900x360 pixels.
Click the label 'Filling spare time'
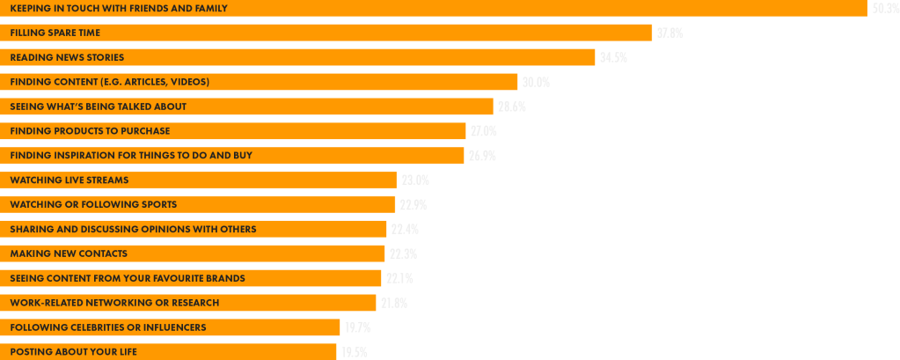pos(55,33)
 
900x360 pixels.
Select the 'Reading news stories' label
pos(67,57)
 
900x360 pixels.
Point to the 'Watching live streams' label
pos(70,180)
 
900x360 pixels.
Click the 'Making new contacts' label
pos(69,253)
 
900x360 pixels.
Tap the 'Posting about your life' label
pos(73,352)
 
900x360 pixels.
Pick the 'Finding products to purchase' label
pos(90,131)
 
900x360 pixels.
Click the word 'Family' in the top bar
pos(209,8)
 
